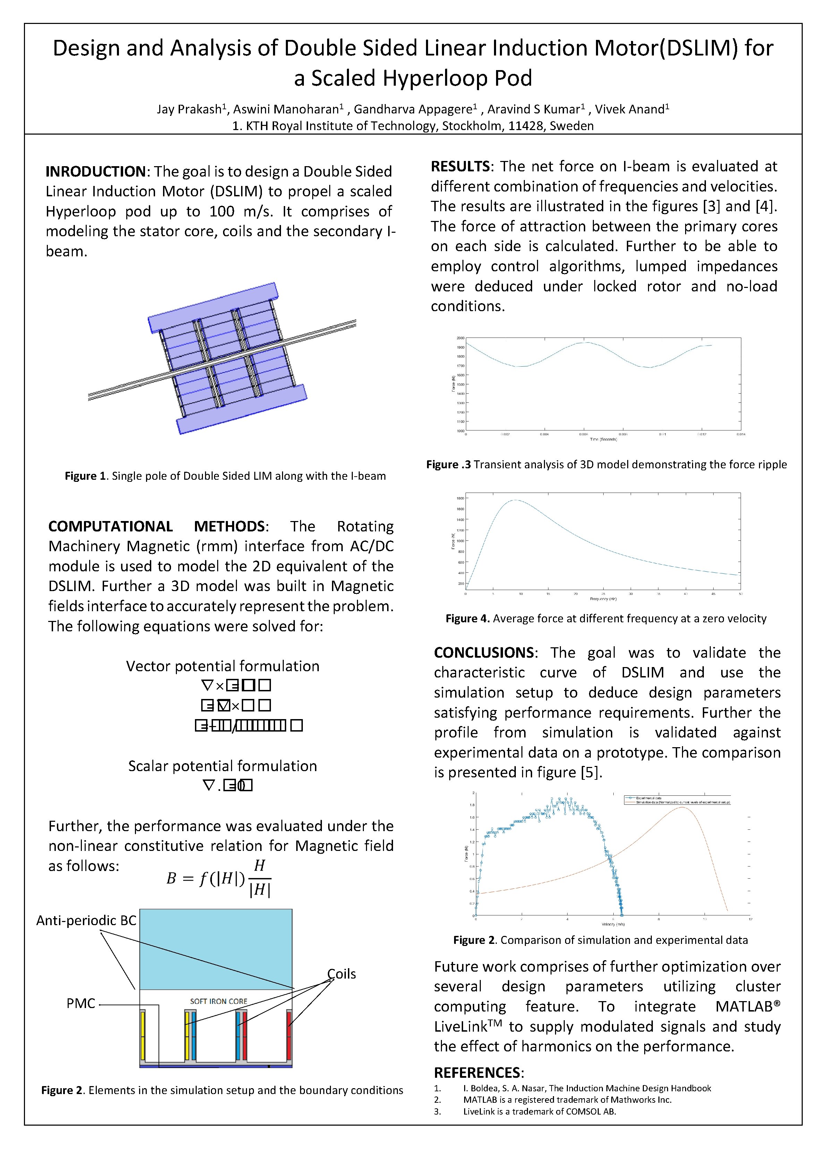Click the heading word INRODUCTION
(96, 172)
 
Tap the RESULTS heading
(460, 167)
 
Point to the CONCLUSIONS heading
(483, 653)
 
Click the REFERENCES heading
(478, 1073)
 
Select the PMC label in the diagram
(81, 1003)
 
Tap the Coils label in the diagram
(341, 974)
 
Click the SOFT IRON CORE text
(219, 1001)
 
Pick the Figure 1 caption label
(85, 476)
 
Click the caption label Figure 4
(467, 618)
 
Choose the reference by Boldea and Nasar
(587, 1088)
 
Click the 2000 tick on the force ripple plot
(460, 338)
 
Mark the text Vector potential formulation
(223, 666)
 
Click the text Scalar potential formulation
(223, 766)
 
